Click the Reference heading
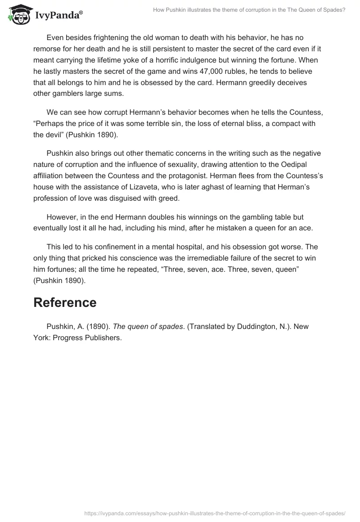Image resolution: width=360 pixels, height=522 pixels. tap(65, 302)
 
